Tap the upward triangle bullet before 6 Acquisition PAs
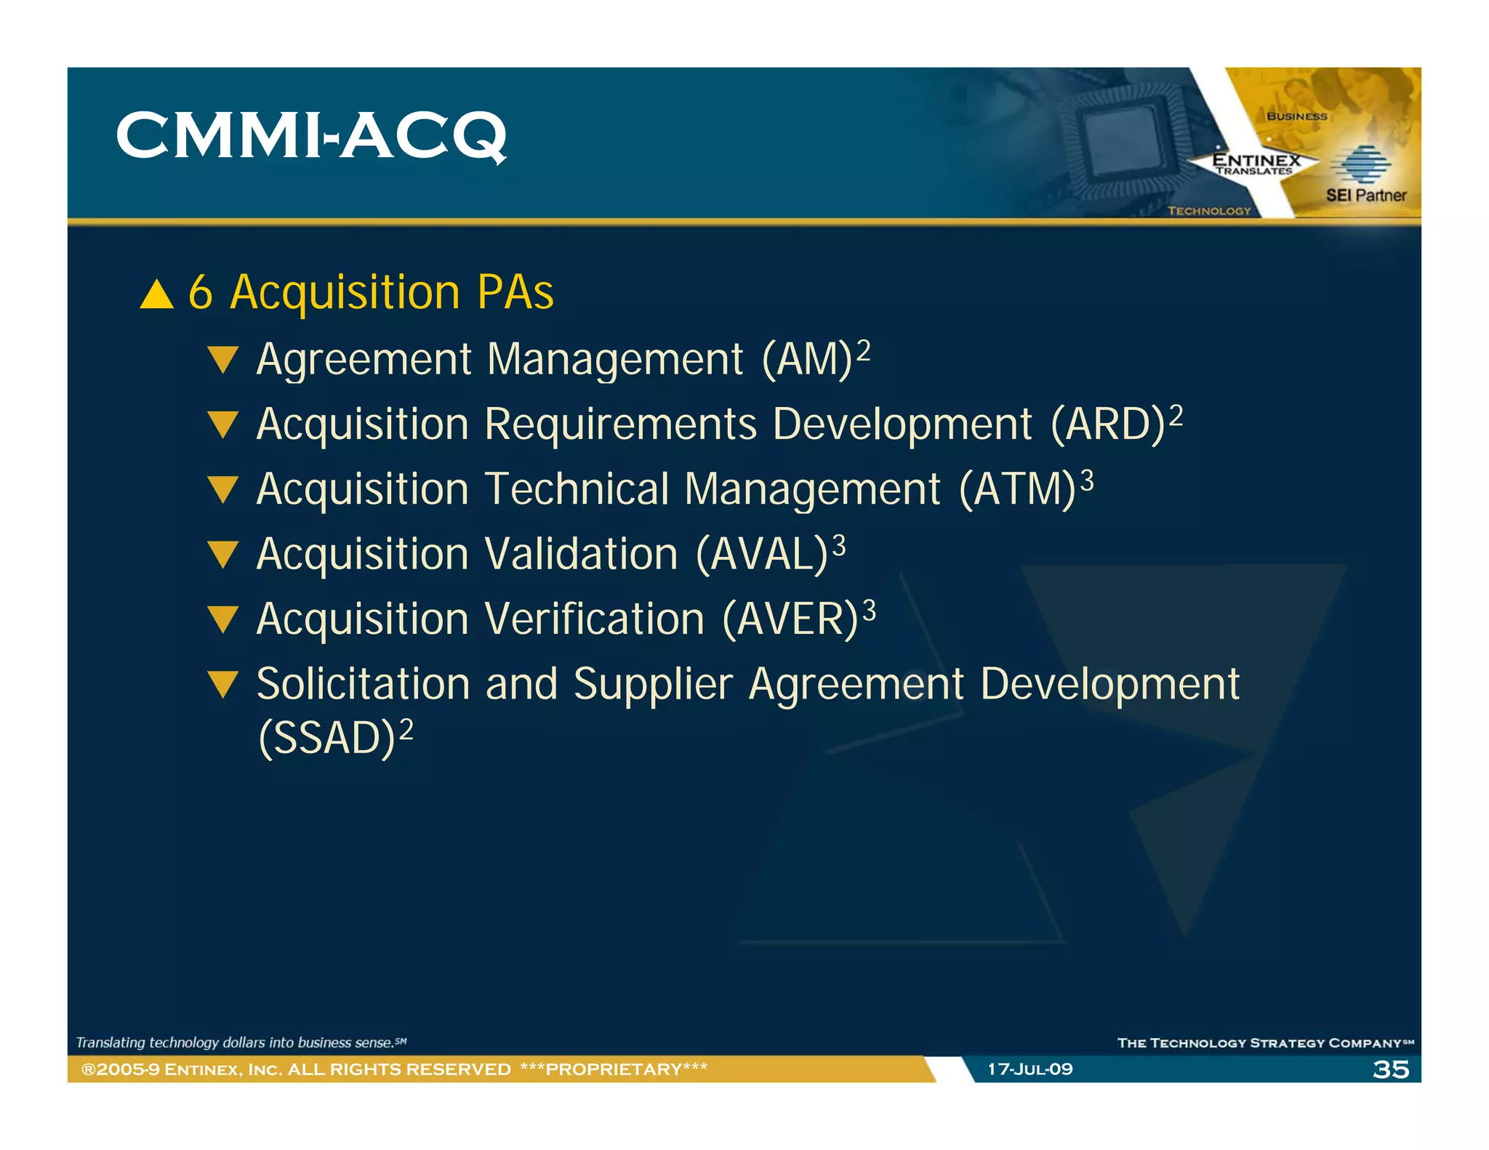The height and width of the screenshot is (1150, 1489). pyautogui.click(x=157, y=295)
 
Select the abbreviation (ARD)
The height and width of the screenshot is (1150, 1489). pyautogui.click(x=1108, y=425)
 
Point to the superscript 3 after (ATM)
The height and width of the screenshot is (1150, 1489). pyautogui.click(x=1086, y=480)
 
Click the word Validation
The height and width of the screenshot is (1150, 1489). pyautogui.click(x=582, y=554)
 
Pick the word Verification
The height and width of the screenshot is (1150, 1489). pyautogui.click(x=595, y=619)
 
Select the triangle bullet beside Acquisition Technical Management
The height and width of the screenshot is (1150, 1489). pyautogui.click(x=222, y=489)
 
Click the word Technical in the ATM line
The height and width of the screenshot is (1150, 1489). pyautogui.click(x=576, y=489)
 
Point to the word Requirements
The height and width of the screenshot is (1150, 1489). pyautogui.click(x=620, y=425)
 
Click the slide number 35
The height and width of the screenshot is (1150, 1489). pyautogui.click(x=1390, y=1069)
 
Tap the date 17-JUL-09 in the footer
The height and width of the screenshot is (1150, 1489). pyautogui.click(x=1030, y=1069)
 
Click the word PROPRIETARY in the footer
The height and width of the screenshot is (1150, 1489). pyautogui.click(x=614, y=1069)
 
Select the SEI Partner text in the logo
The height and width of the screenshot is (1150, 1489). pyautogui.click(x=1365, y=195)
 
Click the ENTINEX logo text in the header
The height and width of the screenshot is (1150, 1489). pyautogui.click(x=1256, y=160)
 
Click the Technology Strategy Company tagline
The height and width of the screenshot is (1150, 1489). pyautogui.click(x=1264, y=1043)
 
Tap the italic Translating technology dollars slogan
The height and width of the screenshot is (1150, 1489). pyautogui.click(x=241, y=1043)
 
